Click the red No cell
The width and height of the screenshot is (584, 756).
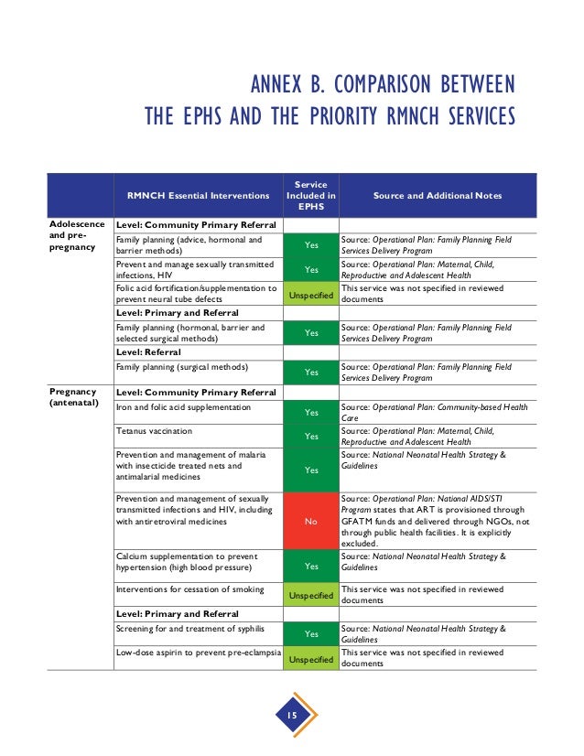coord(310,521)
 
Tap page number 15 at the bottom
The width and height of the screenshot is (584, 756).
coord(292,715)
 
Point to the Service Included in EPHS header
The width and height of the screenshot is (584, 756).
coord(310,196)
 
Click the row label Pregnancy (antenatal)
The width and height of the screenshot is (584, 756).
coord(74,397)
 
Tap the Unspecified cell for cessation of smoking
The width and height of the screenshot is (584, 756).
coord(310,596)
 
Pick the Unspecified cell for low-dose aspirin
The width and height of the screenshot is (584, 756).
coord(310,659)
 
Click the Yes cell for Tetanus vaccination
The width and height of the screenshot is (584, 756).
coord(310,437)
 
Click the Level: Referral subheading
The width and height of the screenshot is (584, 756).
coord(148,351)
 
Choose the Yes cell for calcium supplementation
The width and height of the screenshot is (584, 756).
coord(310,566)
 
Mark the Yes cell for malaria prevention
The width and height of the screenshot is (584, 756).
coord(310,470)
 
